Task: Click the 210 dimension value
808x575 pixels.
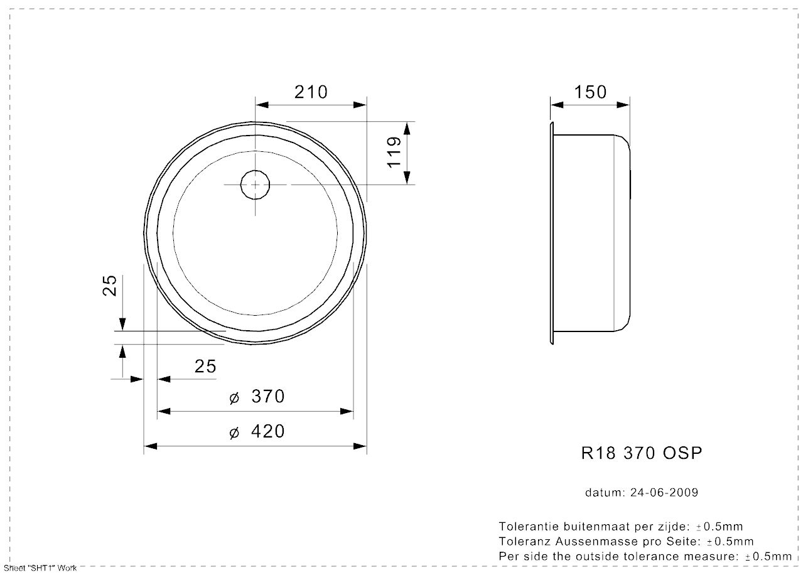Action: (x=311, y=92)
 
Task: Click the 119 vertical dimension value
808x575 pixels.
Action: (x=394, y=152)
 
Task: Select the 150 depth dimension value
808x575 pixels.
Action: (x=591, y=92)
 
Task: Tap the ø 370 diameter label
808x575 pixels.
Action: (x=257, y=397)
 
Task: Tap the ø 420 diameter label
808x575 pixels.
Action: (x=257, y=432)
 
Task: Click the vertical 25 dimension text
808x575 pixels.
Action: (x=110, y=285)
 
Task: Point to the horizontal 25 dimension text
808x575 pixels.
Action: (x=205, y=366)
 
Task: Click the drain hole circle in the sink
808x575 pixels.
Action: (x=255, y=185)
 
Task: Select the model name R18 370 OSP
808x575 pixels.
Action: (x=641, y=453)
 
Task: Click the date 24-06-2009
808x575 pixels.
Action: (x=664, y=493)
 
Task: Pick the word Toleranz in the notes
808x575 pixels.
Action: (x=522, y=541)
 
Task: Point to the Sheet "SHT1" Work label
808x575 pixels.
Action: (x=40, y=568)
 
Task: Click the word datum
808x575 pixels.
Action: (x=603, y=493)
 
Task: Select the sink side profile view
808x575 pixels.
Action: (x=590, y=232)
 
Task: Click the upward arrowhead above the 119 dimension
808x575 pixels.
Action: (x=407, y=128)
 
